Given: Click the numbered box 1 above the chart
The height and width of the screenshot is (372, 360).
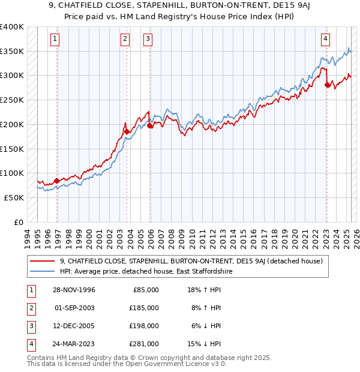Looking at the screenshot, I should tap(55, 40).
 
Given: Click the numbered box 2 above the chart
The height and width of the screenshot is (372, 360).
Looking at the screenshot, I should tap(125, 40).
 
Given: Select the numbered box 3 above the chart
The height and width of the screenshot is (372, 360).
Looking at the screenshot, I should tap(148, 40).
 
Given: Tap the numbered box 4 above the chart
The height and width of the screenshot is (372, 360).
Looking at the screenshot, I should tap(325, 40).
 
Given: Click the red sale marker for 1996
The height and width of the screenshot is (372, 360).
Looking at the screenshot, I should tap(57, 181).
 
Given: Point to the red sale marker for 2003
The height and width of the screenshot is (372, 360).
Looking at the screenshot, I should tap(127, 131).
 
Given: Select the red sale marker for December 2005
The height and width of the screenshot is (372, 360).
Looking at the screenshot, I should tap(150, 125).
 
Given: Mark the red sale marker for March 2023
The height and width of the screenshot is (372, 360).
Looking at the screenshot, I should tap(327, 85).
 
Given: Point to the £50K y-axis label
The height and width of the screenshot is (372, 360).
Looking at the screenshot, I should tap(14, 197).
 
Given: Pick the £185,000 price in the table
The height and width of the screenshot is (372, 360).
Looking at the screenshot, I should tap(144, 308).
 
